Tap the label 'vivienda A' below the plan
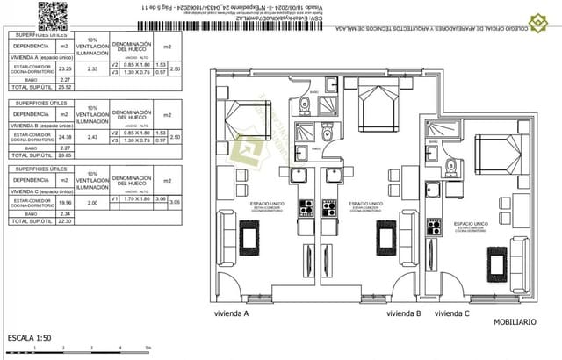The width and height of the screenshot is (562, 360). click(232, 313)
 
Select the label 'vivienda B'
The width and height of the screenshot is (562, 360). click(404, 313)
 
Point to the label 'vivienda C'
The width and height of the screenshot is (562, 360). click(452, 313)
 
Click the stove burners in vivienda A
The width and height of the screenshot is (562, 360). click(307, 208)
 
